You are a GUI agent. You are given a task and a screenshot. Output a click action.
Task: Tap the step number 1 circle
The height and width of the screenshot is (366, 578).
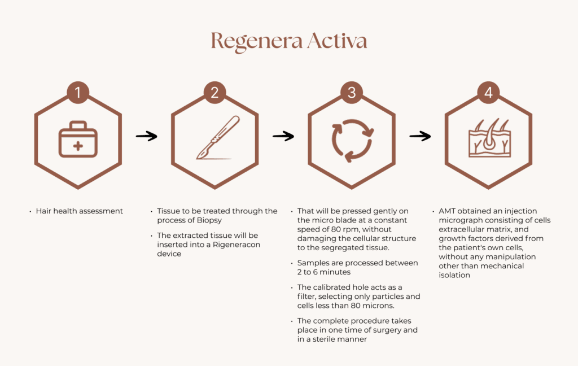click(x=78, y=92)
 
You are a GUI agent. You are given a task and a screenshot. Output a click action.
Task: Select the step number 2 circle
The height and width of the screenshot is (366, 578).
click(x=214, y=92)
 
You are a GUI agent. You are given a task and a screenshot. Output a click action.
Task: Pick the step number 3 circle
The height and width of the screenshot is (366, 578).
click(x=352, y=92)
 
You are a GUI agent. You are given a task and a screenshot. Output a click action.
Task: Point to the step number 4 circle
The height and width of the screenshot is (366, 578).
click(x=488, y=92)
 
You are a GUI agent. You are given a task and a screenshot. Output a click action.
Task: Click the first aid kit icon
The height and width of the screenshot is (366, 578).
click(x=78, y=140)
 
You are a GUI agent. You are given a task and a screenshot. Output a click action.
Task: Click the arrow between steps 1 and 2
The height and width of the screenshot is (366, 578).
click(x=146, y=136)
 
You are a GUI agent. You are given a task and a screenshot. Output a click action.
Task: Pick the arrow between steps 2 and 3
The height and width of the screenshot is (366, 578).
click(x=283, y=136)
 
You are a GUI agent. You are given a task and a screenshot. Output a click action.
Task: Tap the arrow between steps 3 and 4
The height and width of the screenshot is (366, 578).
click(x=420, y=136)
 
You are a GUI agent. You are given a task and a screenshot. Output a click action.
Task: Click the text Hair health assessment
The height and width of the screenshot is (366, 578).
click(x=80, y=211)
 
